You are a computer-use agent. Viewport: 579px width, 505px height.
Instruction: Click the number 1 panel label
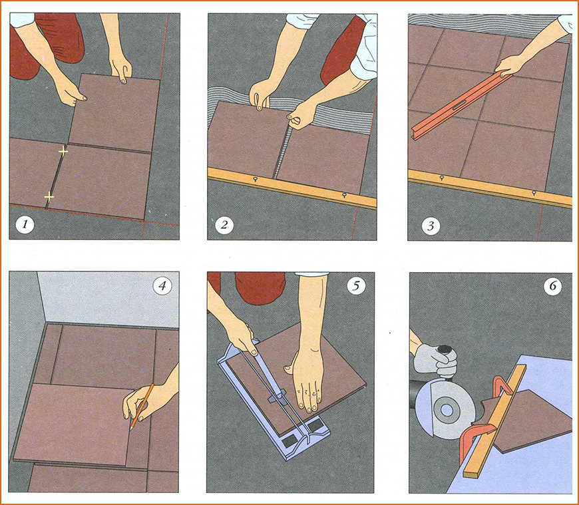tap(25, 224)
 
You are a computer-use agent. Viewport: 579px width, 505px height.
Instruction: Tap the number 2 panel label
tap(224, 224)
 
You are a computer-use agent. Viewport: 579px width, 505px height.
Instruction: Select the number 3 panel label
tap(431, 225)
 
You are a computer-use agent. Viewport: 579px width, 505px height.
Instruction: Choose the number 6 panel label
tap(552, 286)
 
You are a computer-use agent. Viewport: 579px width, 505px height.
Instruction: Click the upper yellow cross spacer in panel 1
tap(63, 151)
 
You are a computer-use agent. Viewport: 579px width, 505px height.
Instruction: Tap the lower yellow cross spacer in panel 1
tap(49, 197)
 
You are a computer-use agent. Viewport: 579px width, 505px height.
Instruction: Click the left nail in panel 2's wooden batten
tap(255, 179)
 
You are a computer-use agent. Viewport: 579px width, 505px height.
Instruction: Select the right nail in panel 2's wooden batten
tap(344, 194)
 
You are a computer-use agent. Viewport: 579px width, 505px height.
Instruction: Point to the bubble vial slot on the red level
tap(457, 107)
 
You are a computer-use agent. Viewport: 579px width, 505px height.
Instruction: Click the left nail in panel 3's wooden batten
tap(442, 178)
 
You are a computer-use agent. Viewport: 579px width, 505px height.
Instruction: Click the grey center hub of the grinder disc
tap(446, 410)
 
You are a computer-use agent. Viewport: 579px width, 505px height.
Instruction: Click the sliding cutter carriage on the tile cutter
tap(278, 395)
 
